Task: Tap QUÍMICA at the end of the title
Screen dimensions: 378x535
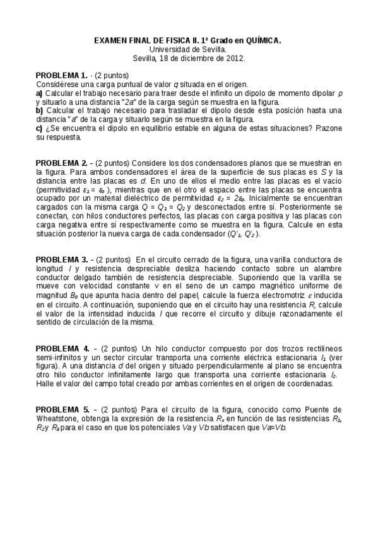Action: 261,40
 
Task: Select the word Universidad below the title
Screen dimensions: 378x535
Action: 171,49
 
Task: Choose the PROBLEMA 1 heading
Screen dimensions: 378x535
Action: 61,75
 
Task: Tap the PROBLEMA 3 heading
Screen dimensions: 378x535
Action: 61,259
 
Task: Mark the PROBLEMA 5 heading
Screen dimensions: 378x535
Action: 62,409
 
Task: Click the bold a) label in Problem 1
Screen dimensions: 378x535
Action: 39,93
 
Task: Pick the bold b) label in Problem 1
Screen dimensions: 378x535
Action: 39,110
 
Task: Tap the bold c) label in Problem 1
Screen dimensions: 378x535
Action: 39,128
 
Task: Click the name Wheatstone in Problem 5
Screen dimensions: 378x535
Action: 57,418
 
